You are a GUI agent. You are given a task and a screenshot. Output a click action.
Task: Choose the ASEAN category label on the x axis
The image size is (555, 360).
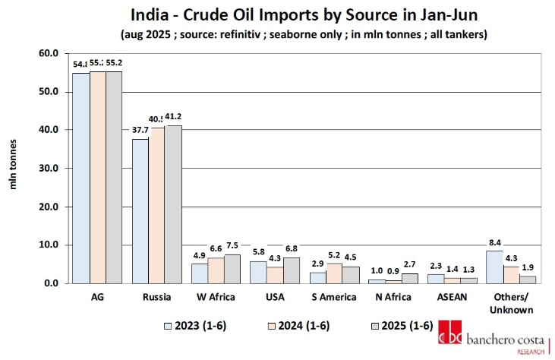435,297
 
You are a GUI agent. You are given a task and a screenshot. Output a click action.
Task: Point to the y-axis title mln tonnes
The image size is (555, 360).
14,169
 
